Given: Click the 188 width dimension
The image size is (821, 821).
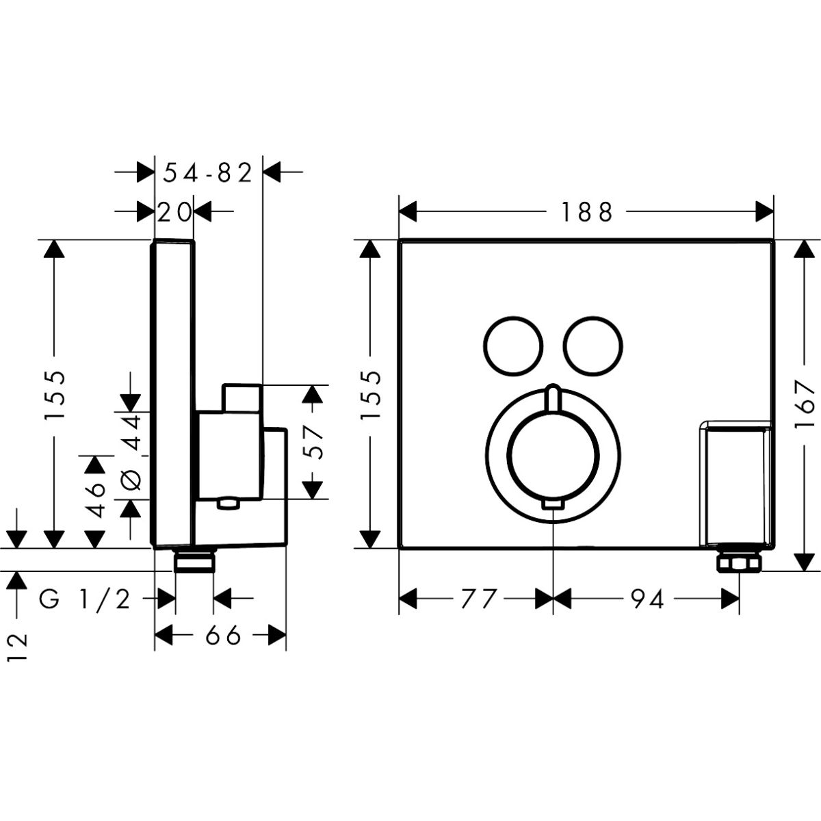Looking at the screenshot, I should click(x=586, y=212).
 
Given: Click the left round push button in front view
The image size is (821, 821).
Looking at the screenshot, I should click(x=514, y=346).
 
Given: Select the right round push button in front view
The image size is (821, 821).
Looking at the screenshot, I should click(x=595, y=346).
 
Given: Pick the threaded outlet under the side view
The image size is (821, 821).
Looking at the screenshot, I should click(x=195, y=562).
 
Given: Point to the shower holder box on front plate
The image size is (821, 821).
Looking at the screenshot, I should click(x=735, y=482).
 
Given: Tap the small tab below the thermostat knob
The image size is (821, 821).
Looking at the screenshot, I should click(x=553, y=506).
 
